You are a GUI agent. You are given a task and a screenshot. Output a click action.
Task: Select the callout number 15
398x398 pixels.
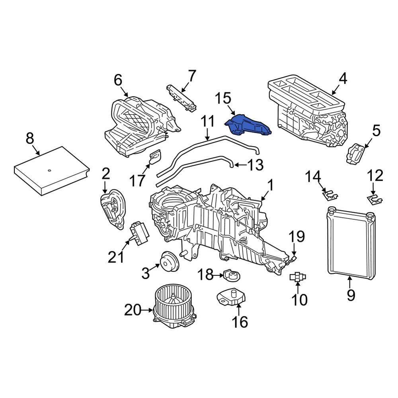tap(223, 99)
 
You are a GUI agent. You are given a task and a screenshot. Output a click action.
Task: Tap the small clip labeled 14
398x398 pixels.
tap(329, 195)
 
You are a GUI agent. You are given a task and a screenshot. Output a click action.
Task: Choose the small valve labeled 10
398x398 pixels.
tap(298, 277)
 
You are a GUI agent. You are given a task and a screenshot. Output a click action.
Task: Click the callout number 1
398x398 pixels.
tap(270, 185)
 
